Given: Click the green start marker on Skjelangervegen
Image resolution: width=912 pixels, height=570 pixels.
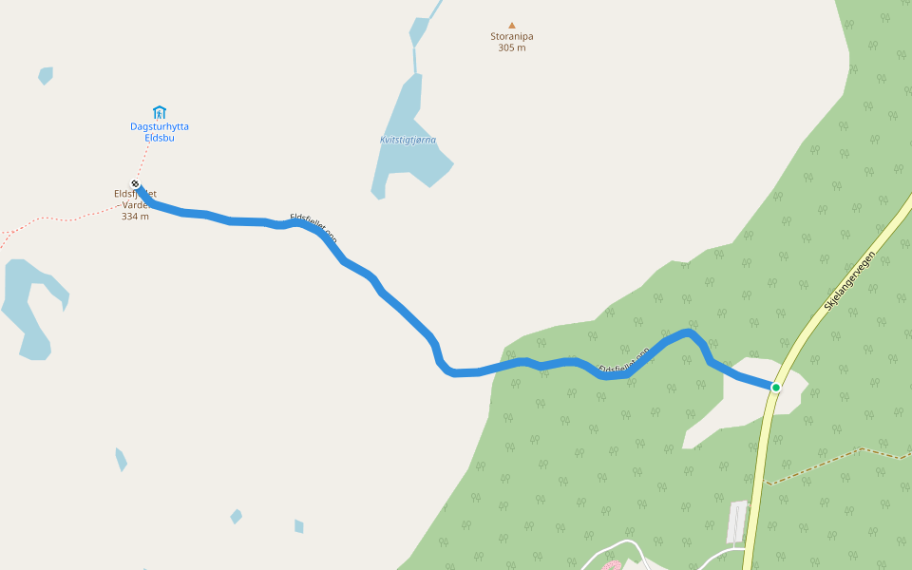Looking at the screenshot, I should click(775, 388).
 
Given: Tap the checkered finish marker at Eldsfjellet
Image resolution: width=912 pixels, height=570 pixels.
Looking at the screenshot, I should click(136, 184).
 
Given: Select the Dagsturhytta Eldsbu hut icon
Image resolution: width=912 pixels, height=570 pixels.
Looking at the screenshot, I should click(159, 112).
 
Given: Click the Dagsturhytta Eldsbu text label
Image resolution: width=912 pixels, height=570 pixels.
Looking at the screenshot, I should click(159, 132).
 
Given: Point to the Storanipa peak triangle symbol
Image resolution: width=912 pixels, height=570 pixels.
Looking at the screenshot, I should click(512, 26).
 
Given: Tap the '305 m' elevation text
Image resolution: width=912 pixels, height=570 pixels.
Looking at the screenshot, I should click(512, 47).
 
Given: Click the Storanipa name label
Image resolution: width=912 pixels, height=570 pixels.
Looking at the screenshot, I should click(512, 37).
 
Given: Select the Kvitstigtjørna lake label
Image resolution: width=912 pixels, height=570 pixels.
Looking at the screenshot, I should click(408, 140).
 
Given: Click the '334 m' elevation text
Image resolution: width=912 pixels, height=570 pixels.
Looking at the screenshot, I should click(135, 217).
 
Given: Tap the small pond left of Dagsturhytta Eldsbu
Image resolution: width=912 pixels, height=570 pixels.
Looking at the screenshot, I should click(46, 75).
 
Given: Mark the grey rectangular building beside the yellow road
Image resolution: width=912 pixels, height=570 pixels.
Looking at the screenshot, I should click(737, 522).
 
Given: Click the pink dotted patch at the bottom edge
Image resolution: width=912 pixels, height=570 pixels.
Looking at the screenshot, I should click(611, 566).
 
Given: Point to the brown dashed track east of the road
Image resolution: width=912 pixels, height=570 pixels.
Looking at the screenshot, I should click(836, 461).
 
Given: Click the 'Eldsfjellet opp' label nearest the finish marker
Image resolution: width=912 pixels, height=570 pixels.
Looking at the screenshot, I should click(313, 228).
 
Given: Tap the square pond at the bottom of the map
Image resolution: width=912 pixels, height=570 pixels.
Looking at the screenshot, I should click(299, 526).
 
